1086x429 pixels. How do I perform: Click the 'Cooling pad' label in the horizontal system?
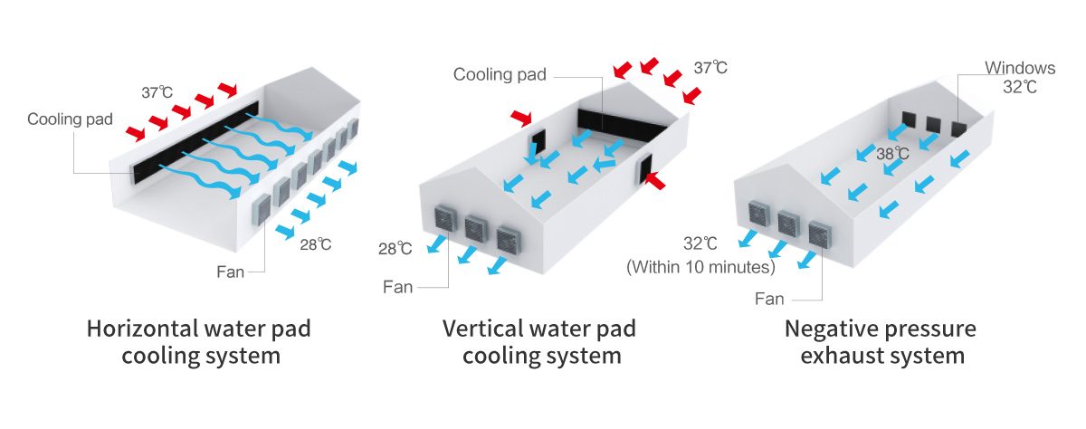click(x=70, y=119)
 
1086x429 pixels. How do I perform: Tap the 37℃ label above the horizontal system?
click(x=157, y=92)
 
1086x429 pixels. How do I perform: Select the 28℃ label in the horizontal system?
click(x=316, y=244)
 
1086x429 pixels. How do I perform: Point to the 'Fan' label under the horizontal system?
click(x=230, y=272)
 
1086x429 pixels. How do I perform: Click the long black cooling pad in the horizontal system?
click(x=195, y=141)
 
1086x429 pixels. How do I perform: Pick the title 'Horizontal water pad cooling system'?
click(x=199, y=342)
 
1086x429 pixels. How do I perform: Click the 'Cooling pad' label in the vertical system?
click(x=500, y=74)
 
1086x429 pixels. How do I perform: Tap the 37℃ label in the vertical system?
click(x=710, y=67)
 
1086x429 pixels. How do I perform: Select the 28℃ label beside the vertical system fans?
click(x=395, y=249)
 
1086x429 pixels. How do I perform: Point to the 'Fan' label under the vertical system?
click(x=397, y=287)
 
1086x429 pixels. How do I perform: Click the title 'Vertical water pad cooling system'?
click(x=539, y=342)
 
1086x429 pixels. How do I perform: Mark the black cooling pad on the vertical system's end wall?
click(x=623, y=126)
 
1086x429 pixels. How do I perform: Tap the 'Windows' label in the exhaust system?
click(x=1020, y=68)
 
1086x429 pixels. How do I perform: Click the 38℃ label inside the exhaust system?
click(x=892, y=154)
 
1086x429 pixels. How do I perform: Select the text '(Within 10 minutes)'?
click(x=700, y=267)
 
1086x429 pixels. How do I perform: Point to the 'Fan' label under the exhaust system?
click(x=769, y=299)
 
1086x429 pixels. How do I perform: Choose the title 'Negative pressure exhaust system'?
click(x=881, y=342)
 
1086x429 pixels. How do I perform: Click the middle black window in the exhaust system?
click(x=933, y=125)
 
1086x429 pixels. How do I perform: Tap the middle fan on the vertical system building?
click(x=476, y=228)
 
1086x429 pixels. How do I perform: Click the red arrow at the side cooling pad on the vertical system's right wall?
click(x=655, y=180)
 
